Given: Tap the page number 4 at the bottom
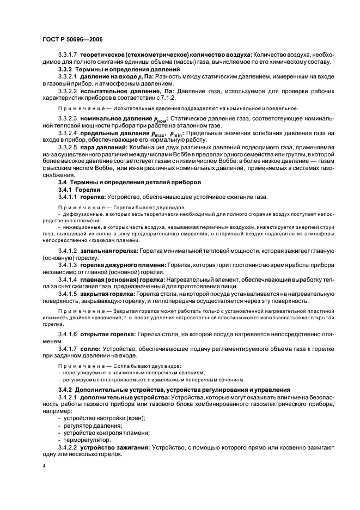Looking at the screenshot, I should (x=44, y=467).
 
